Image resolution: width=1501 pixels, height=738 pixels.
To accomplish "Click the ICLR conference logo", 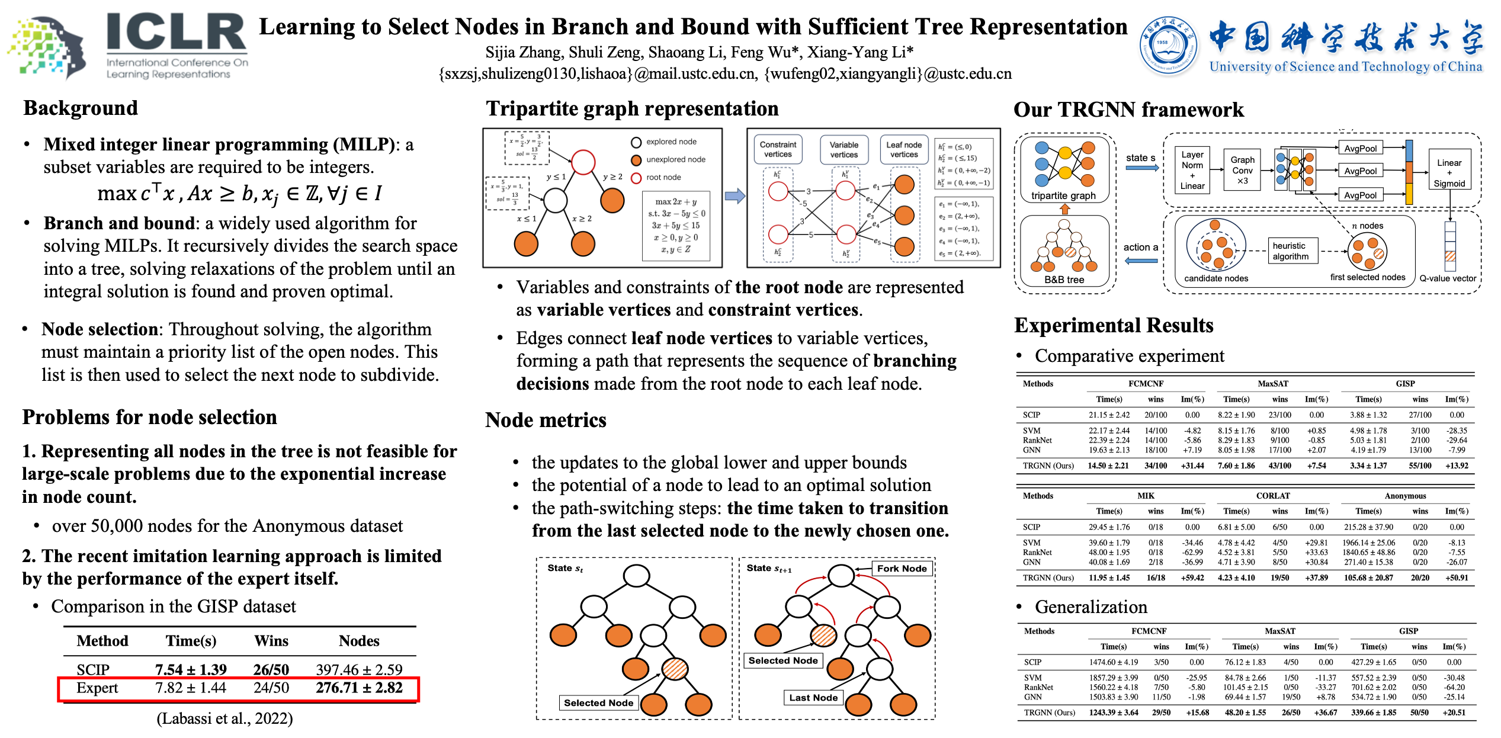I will click(x=130, y=44).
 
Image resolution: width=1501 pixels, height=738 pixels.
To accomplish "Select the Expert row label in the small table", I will click(x=97, y=688).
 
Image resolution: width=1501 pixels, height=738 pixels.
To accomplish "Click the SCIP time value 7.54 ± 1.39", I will click(x=191, y=670).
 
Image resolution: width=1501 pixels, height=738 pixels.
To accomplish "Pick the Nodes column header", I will click(x=359, y=641).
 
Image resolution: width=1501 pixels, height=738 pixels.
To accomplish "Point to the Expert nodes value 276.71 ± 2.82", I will click(x=359, y=688).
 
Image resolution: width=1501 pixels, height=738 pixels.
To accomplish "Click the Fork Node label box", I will click(x=902, y=569).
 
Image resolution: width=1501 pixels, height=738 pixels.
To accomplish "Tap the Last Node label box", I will click(x=813, y=698).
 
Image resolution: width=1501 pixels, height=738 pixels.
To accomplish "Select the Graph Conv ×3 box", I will click(x=1242, y=171).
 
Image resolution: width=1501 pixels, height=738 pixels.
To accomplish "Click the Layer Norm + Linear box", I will click(x=1192, y=171).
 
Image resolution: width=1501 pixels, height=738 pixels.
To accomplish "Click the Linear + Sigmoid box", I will click(x=1449, y=173).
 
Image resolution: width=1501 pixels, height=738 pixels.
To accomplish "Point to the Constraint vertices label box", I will click(x=778, y=149).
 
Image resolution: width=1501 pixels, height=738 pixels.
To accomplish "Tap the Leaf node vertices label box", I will click(x=904, y=149).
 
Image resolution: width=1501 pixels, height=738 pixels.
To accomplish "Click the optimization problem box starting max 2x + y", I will click(x=676, y=226).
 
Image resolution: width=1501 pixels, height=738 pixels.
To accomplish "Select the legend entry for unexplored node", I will click(x=675, y=160).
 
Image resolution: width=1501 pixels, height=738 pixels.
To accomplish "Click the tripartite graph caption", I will click(x=1063, y=196).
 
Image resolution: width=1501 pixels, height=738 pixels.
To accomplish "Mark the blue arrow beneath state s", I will click(x=1141, y=168).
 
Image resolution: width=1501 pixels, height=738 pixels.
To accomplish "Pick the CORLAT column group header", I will click(x=1273, y=496).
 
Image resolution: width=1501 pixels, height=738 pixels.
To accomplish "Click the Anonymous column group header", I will click(x=1405, y=496).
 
